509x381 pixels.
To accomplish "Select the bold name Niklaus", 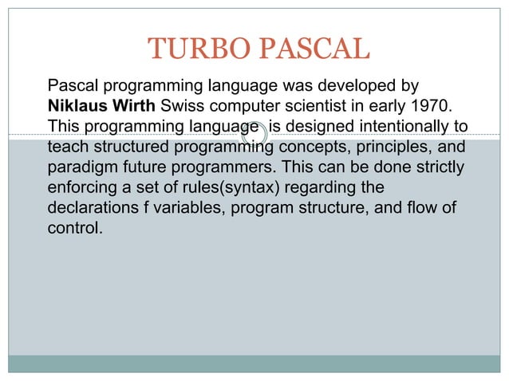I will point(77,105).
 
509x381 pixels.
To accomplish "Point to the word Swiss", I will point(182,105).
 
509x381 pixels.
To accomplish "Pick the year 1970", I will point(441,105).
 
